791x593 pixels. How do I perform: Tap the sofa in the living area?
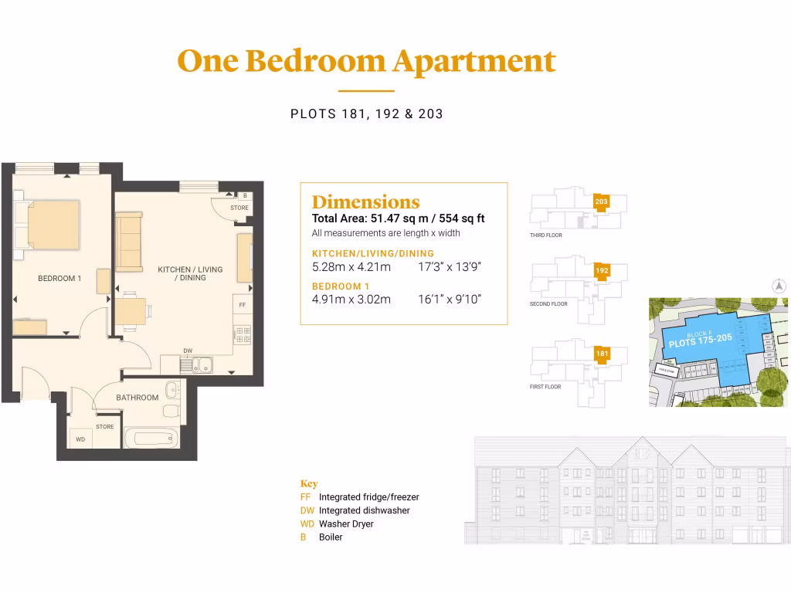pos(128,242)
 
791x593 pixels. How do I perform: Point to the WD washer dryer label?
pos(80,439)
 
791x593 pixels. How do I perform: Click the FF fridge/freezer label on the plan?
pos(242,305)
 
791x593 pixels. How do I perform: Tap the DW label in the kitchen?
pos(188,351)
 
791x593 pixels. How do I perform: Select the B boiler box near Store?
pos(245,196)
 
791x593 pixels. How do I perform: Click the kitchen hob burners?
pos(243,334)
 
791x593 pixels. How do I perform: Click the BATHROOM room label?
pos(137,398)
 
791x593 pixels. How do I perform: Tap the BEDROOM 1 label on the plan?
pos(59,278)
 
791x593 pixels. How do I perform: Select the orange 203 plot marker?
pos(602,202)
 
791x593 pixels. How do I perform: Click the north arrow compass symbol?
pos(779,286)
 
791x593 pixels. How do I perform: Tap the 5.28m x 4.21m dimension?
pos(351,267)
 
